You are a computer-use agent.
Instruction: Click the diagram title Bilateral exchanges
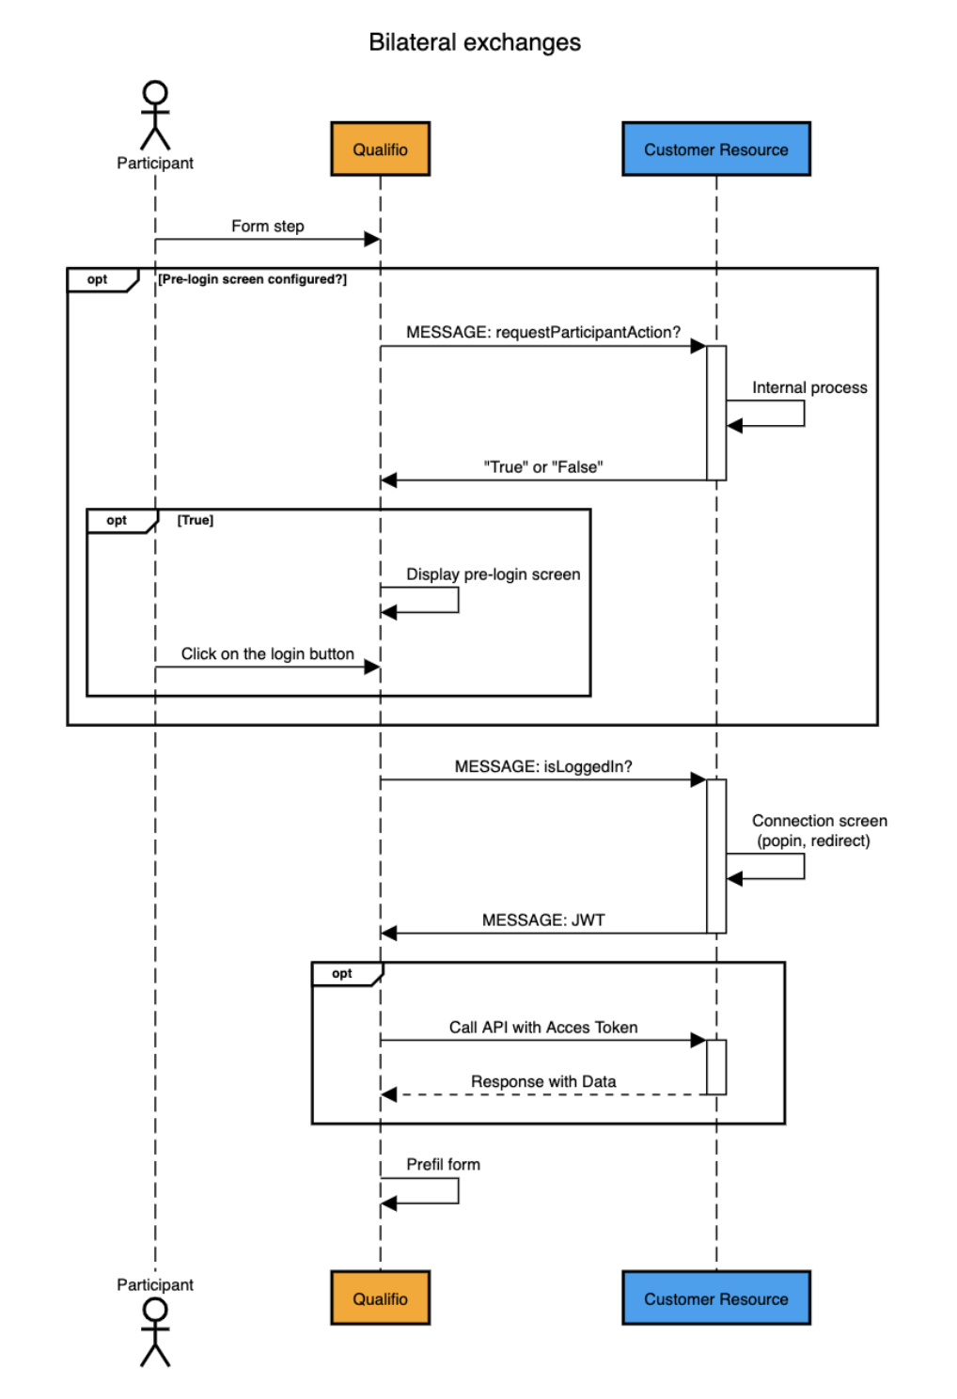coord(475,42)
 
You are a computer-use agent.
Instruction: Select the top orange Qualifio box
coord(380,149)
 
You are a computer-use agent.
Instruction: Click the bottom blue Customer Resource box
coord(715,1298)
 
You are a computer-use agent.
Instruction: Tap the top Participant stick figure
coord(155,116)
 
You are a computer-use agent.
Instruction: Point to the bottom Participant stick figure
coord(155,1331)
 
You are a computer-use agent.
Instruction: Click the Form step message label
coord(268,227)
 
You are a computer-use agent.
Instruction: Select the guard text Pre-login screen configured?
coord(252,279)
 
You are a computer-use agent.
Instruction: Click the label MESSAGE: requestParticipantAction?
coord(542,333)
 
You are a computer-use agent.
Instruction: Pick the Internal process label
coord(809,387)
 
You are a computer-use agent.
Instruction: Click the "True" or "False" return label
coord(542,467)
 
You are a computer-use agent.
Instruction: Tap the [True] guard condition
coord(196,520)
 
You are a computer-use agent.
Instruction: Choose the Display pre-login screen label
coord(493,574)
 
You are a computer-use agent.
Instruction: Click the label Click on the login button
coord(268,654)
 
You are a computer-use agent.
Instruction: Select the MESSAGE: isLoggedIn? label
coord(542,767)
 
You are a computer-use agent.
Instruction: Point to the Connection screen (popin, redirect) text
coord(818,831)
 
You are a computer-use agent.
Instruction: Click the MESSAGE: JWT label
coord(542,920)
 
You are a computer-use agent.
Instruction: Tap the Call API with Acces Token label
coord(542,1028)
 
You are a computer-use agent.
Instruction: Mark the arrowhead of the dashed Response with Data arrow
coord(388,1094)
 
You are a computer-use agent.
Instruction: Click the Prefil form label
coord(443,1165)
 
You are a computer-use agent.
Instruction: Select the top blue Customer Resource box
coord(715,149)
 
